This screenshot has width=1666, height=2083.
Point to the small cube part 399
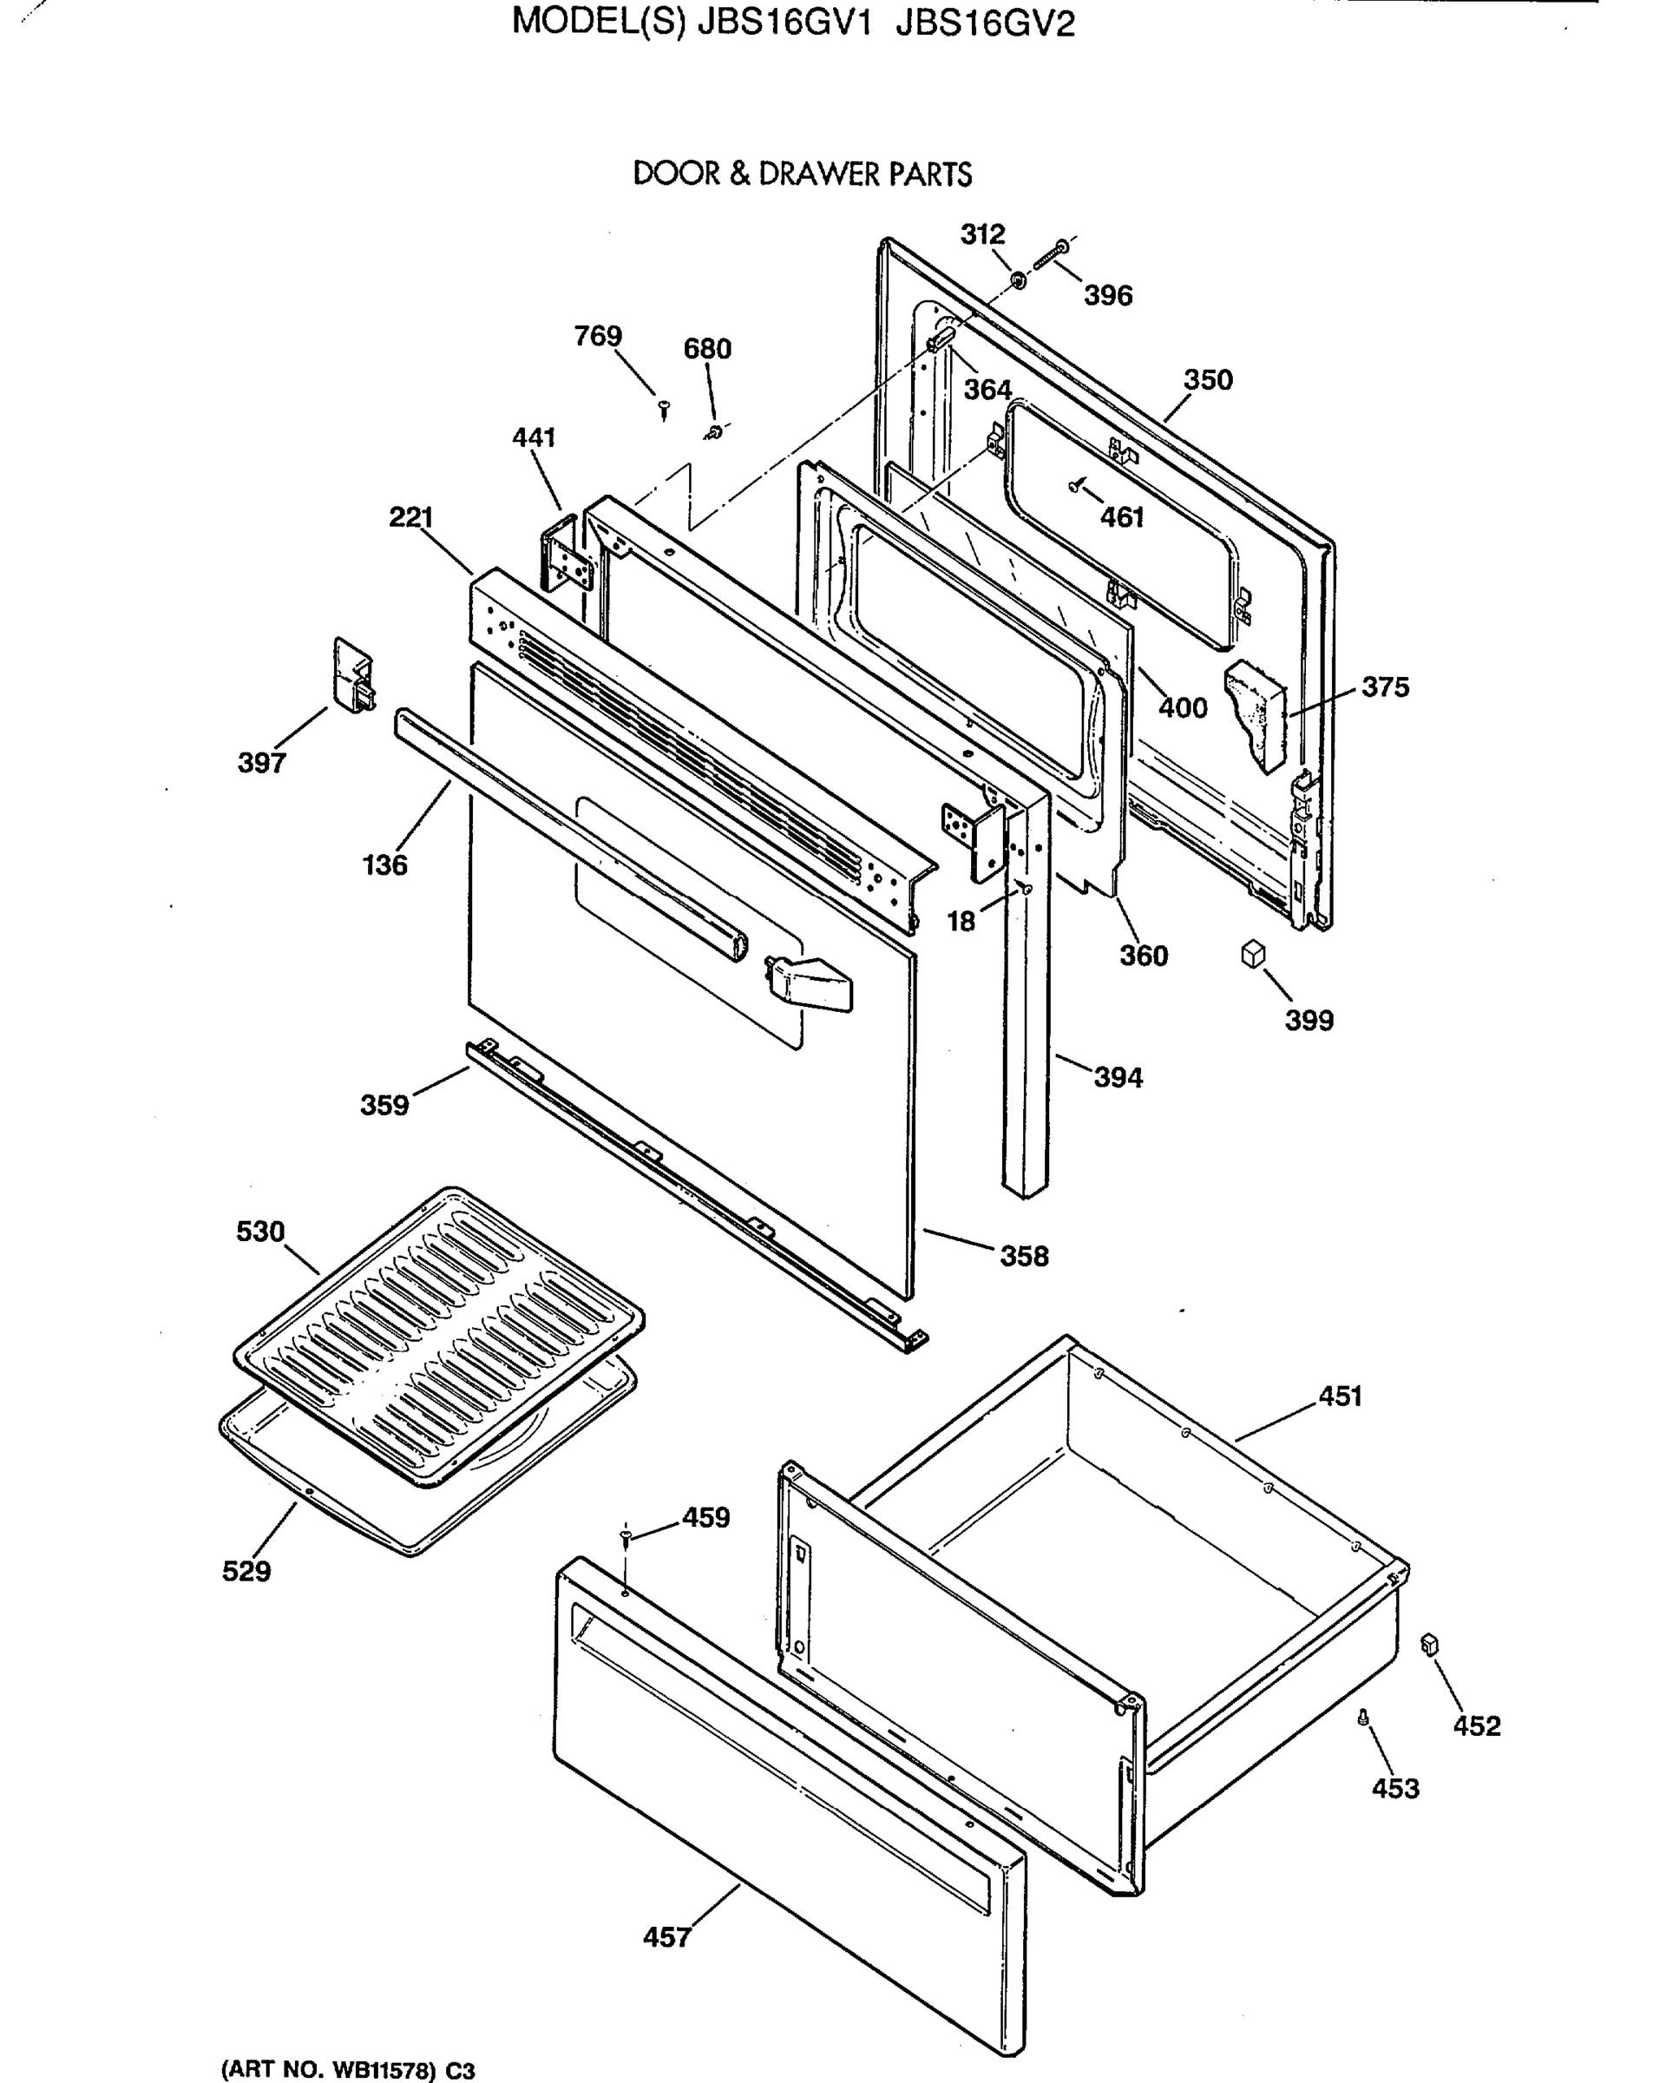click(1252, 955)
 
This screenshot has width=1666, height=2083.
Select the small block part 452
click(1430, 1646)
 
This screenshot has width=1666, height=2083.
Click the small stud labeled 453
click(1364, 1717)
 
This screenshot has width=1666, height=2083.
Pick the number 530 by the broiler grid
click(261, 1232)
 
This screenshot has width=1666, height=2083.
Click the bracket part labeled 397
click(352, 674)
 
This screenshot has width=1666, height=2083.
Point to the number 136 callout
click(384, 864)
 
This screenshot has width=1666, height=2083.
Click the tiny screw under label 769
click(664, 410)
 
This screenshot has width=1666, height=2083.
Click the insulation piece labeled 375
click(1256, 715)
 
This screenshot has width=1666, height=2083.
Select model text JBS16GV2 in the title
click(984, 23)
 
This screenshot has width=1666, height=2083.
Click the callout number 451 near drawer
click(1341, 1396)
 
